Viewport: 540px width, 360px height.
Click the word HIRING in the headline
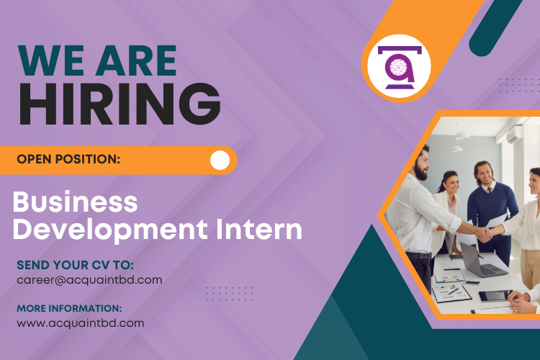point(120,104)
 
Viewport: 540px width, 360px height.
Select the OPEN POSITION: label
point(68,159)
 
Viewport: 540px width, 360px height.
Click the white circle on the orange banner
point(220,160)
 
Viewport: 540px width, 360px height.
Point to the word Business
point(75,202)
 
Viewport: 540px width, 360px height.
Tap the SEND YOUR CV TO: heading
point(75,265)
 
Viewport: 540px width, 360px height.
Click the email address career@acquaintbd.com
point(89,279)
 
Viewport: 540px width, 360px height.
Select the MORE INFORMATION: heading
point(69,309)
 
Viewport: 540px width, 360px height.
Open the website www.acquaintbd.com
point(80,323)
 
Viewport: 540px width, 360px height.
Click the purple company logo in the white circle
point(398,67)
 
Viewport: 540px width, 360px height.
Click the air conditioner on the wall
point(515,135)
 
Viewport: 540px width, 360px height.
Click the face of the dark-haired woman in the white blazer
point(449,184)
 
